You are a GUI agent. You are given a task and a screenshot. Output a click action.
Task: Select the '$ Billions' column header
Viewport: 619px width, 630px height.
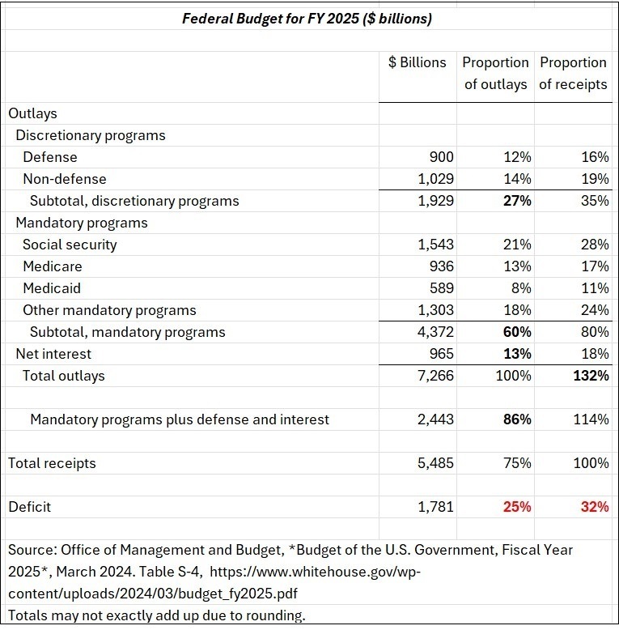(x=417, y=62)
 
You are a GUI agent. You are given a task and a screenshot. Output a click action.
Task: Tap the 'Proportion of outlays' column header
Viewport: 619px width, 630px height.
(x=495, y=73)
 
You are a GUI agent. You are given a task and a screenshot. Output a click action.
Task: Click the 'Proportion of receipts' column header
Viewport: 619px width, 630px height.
(x=573, y=73)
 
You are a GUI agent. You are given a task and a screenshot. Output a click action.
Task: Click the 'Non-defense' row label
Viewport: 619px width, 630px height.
(x=65, y=179)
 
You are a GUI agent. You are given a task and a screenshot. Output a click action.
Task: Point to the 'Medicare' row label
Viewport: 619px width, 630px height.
(x=53, y=266)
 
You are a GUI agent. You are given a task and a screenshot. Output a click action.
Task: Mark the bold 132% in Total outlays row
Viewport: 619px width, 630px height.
(x=592, y=376)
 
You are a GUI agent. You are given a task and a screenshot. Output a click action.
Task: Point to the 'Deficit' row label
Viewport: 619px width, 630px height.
(x=30, y=507)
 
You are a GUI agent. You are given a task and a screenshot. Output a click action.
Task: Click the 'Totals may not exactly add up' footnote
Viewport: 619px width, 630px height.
(x=157, y=615)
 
